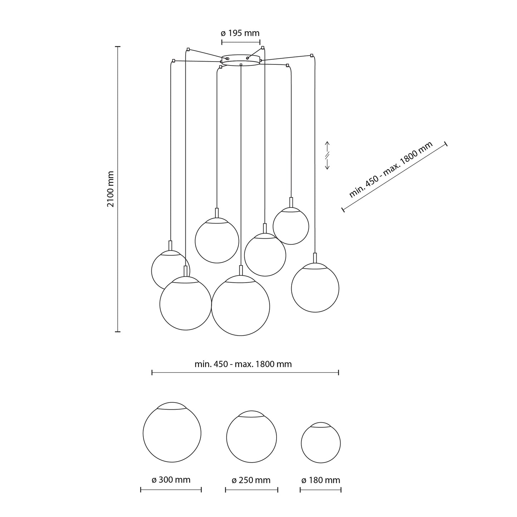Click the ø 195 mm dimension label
pyautogui.click(x=240, y=33)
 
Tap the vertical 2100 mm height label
pyautogui.click(x=111, y=189)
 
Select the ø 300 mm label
pyautogui.click(x=171, y=479)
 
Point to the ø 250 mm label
pyautogui.click(x=251, y=480)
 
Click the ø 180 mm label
pyautogui.click(x=321, y=480)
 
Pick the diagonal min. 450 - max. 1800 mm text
pyautogui.click(x=391, y=170)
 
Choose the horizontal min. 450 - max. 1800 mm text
pyautogui.click(x=243, y=364)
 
